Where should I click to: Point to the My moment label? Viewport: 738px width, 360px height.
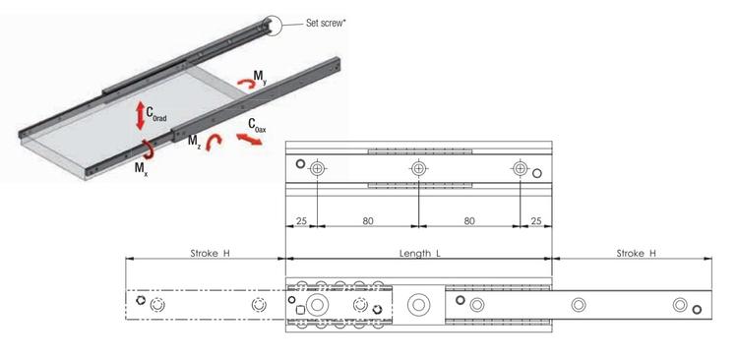259,76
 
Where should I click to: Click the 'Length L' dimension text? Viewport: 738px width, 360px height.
419,253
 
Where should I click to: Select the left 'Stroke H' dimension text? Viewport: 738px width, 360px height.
210,253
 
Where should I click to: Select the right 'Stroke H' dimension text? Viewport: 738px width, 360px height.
637,253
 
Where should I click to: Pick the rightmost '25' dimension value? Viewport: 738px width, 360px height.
535,221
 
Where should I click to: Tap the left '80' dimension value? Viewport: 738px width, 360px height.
367,221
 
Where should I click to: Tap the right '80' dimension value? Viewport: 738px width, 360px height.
469,221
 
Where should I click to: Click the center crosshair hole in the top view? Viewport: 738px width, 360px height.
418,169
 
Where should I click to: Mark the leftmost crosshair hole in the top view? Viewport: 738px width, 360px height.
316,169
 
